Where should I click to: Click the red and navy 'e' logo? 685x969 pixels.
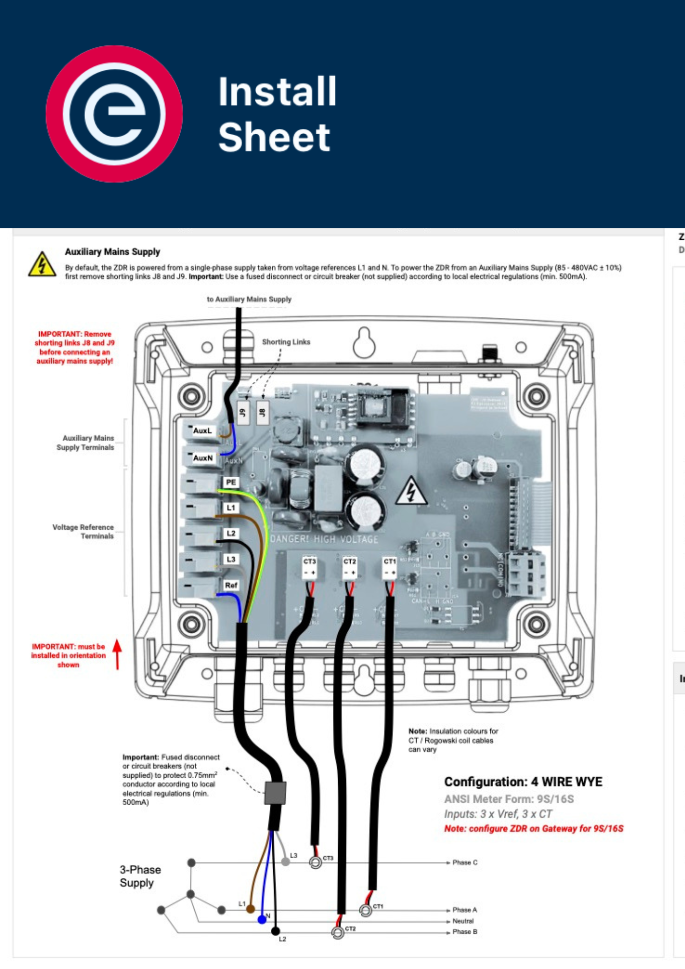tap(114, 114)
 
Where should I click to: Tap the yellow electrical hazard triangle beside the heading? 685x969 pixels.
tap(42, 265)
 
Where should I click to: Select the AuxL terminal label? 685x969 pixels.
tap(202, 430)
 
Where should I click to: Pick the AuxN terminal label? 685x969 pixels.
tap(203, 458)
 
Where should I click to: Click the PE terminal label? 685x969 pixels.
tap(231, 482)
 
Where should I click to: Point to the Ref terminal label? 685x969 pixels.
tap(231, 585)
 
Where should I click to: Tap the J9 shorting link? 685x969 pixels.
tap(243, 413)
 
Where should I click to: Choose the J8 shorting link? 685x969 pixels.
tap(263, 413)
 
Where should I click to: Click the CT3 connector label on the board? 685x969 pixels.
tap(310, 561)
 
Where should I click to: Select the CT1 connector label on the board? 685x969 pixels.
tap(389, 561)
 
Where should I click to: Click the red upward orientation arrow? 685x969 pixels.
tap(117, 654)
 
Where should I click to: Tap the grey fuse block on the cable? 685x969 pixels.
tap(275, 793)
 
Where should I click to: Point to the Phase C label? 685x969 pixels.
tap(465, 862)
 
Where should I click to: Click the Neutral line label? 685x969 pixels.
tap(463, 921)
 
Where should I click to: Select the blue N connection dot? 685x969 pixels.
tap(262, 919)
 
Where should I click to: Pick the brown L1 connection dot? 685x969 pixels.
tap(250, 909)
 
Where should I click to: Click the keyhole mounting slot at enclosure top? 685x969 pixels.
tap(364, 343)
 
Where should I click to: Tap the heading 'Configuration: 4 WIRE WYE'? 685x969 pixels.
tap(523, 781)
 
